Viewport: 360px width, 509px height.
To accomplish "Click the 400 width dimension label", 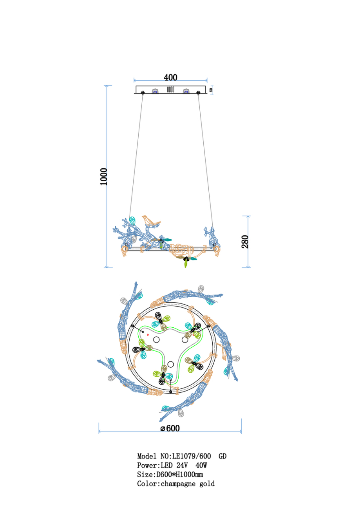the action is (170, 78).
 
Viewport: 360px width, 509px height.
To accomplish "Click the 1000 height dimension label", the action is (104, 177).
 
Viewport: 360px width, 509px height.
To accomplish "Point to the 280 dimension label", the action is (245, 242).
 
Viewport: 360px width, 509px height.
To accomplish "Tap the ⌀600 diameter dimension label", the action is (170, 428).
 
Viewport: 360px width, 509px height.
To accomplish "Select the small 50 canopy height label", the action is (211, 90).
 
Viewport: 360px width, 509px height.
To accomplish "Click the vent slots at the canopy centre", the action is (171, 89).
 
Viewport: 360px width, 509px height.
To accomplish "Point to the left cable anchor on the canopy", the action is (143, 92).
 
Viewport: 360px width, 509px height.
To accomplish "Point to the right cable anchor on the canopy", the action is (198, 92).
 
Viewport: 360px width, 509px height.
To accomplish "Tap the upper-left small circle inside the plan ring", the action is (156, 340).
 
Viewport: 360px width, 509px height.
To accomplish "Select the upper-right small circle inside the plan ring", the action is (185, 340).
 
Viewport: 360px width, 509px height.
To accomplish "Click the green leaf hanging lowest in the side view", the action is (186, 264).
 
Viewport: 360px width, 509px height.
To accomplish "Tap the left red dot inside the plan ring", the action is (148, 335).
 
